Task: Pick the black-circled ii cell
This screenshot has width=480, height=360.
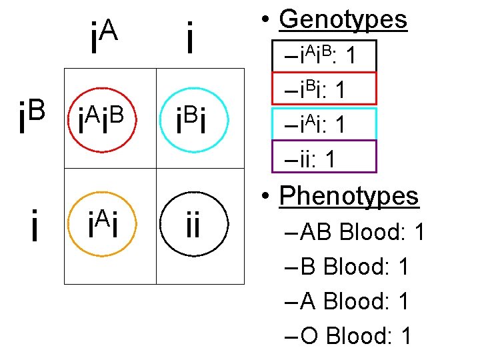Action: tap(193, 225)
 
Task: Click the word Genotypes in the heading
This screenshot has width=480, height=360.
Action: tap(343, 20)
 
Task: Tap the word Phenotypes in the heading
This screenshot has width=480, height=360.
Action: tap(349, 196)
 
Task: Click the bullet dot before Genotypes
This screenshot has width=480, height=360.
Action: tap(266, 21)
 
